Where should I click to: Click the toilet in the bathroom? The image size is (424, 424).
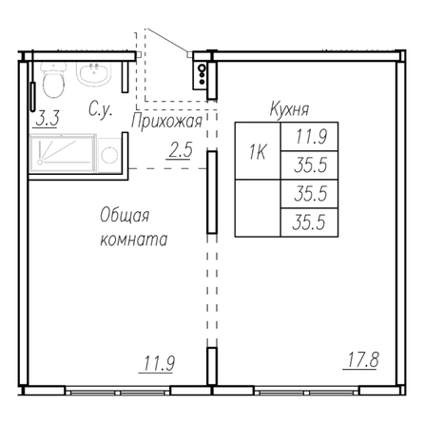coord(53,80)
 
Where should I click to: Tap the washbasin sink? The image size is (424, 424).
coord(94,73)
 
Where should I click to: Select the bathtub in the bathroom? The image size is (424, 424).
coord(63,154)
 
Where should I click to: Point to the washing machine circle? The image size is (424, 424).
coord(109,155)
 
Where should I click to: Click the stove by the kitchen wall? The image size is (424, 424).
coord(201,75)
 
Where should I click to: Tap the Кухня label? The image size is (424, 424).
coord(289,109)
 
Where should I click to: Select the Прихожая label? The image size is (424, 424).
coord(166,122)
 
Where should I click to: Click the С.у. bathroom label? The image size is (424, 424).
coord(101,109)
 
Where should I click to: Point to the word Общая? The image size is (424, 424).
coord(125,216)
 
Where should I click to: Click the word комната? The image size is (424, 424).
coord(134,240)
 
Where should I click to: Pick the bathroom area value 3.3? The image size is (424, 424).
coord(47,119)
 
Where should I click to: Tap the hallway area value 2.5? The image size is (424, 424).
coord(181,150)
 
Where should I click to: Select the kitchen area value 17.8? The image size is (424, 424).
coord(363,360)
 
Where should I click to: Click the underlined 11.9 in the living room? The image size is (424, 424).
coord(159,363)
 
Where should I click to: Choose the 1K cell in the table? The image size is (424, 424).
coord(258,151)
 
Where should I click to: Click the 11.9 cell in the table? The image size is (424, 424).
coord(310,137)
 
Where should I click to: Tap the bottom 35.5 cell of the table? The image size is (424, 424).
coord(310,222)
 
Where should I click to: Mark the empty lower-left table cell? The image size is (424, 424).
coord(258,208)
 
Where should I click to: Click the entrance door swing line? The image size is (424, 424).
coord(168,41)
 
